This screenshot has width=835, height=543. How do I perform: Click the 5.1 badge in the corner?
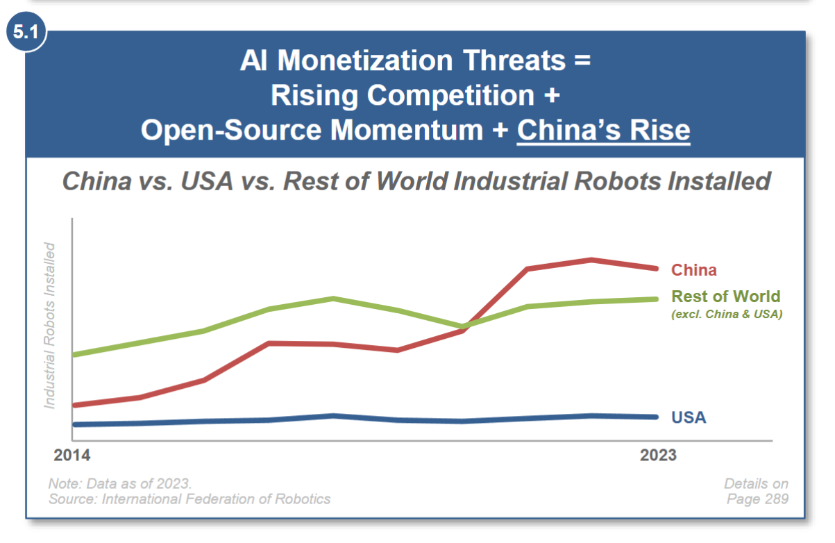[x=26, y=34]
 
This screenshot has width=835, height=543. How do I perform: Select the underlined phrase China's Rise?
[x=603, y=130]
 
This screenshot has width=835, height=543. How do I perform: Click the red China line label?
[x=693, y=270]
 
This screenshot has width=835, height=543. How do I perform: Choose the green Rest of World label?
[x=725, y=296]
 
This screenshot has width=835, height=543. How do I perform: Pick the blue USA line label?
[x=688, y=417]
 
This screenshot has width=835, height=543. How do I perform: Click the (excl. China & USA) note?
[x=727, y=315]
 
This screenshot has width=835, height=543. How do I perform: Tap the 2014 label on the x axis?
[x=72, y=456]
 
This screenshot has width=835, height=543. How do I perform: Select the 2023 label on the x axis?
[x=657, y=456]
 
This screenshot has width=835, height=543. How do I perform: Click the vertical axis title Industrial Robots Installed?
[x=49, y=325]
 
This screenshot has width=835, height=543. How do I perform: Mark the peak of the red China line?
[x=591, y=260]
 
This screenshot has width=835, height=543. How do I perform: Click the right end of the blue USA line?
[x=656, y=417]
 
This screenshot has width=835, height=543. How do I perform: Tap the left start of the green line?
[x=74, y=354]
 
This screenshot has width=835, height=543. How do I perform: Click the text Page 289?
[x=757, y=499]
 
